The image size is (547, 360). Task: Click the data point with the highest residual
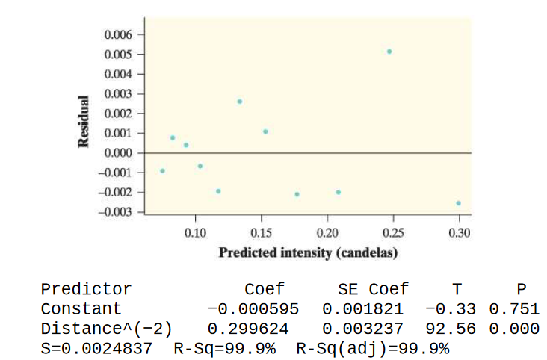pos(389,52)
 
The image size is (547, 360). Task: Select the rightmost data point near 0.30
pos(458,203)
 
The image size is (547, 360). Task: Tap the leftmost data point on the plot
pos(162,171)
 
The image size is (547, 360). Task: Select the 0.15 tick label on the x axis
pos(261,234)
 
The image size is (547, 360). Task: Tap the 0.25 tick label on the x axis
pos(393,234)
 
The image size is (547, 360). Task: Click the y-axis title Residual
pos(84,123)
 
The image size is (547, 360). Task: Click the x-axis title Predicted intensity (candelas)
pos(308,252)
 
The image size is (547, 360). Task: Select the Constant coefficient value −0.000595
pos(253,309)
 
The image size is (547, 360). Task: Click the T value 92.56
pos(452,329)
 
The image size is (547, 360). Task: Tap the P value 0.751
pos(513,309)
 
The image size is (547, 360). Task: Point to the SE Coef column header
pos(373,290)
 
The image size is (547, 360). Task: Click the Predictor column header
pos(86,290)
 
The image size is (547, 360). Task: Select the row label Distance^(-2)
pos(106,329)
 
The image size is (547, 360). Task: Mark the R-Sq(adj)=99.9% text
pos(373,348)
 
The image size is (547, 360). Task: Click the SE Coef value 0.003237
pos(362,329)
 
